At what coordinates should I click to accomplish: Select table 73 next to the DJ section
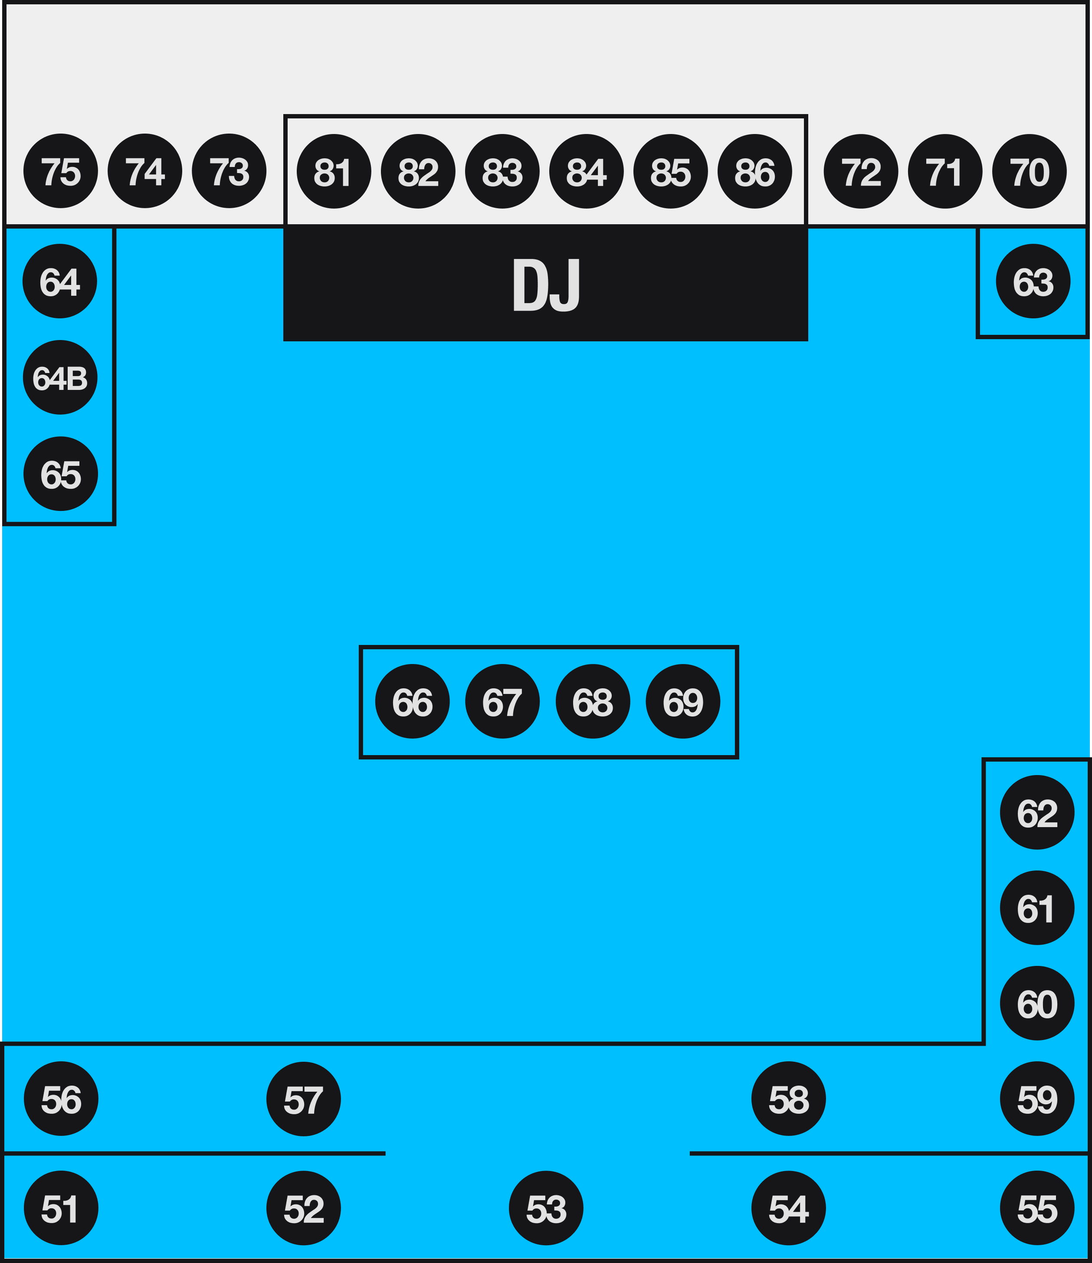[x=229, y=171]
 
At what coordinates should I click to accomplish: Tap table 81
[x=334, y=171]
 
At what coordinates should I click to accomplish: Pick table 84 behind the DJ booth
[x=586, y=171]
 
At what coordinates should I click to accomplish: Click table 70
[x=1029, y=171]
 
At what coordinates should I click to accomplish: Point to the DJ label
[x=546, y=285]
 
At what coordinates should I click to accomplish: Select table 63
[x=1033, y=281]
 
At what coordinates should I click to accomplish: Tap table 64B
[x=60, y=377]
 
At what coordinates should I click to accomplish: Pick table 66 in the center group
[x=412, y=701]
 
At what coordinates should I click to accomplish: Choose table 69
[x=683, y=701]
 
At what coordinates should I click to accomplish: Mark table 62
[x=1037, y=812]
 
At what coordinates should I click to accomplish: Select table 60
[x=1037, y=1003]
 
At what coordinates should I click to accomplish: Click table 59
[x=1037, y=1099]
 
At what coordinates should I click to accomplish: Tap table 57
[x=304, y=1099]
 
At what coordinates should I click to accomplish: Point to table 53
[x=546, y=1208]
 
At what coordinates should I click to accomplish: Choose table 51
[x=61, y=1208]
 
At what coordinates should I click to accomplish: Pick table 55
[x=1037, y=1208]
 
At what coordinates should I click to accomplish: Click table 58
[x=788, y=1099]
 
